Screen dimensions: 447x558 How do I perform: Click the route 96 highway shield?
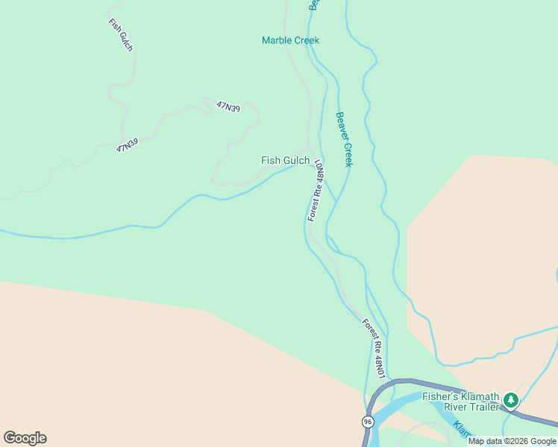coord(368,422)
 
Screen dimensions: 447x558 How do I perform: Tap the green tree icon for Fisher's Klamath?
coord(511,401)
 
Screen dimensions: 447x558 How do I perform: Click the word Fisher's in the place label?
coord(438,397)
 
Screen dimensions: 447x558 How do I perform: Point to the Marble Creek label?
coord(290,40)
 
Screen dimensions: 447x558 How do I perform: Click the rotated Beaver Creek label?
coord(343,139)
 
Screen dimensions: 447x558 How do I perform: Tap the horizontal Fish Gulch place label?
coord(285,160)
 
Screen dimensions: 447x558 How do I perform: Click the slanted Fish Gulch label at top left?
coord(120,34)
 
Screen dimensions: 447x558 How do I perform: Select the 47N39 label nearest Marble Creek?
coord(228,107)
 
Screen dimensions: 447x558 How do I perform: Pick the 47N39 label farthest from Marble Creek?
coord(128,145)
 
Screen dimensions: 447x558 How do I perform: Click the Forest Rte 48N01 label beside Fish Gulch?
coord(316,190)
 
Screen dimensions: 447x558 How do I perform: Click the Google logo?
coord(25,438)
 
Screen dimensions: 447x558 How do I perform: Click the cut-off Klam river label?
coord(463,431)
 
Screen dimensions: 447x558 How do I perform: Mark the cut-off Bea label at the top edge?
coord(314,4)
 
